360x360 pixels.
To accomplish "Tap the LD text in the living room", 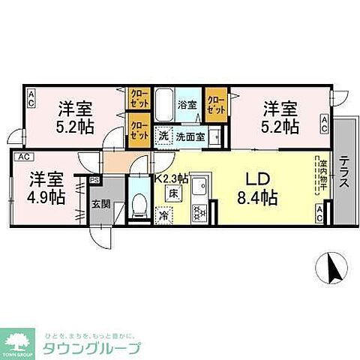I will pyautogui.click(x=254, y=180).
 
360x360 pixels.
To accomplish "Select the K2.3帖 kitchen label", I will pyautogui.click(x=172, y=178).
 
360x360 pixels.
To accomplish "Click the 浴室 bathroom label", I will pyautogui.click(x=187, y=105).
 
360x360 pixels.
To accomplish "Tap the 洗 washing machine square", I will pyautogui.click(x=163, y=136).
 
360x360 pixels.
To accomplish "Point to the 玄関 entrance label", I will pyautogui.click(x=100, y=202).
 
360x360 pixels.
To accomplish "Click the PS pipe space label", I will pyautogui.click(x=94, y=180).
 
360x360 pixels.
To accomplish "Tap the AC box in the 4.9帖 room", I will pyautogui.click(x=22, y=156).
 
